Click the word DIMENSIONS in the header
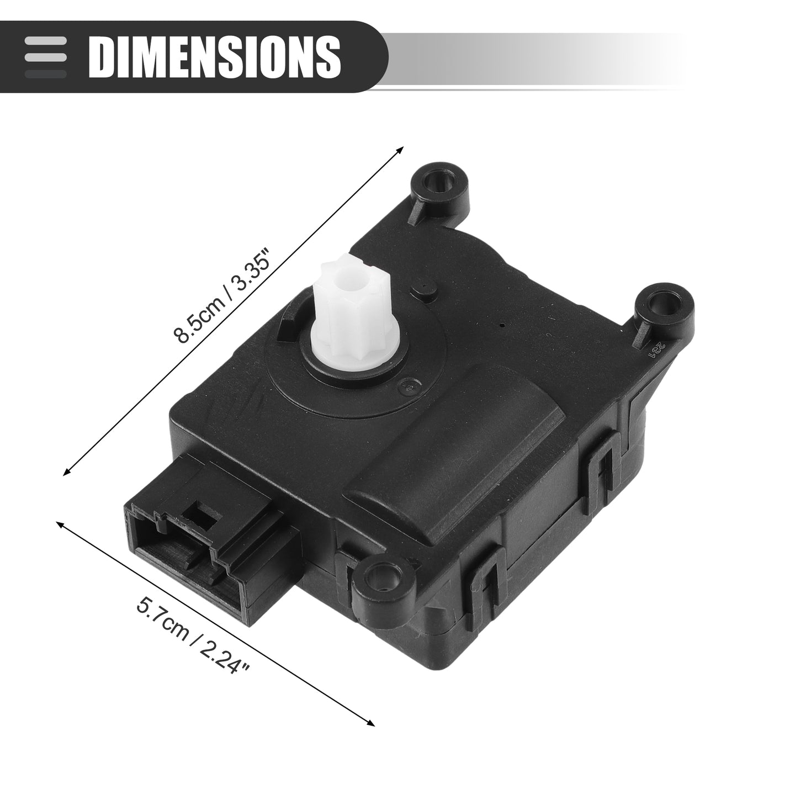click(215, 56)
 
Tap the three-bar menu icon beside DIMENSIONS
click(45, 57)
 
